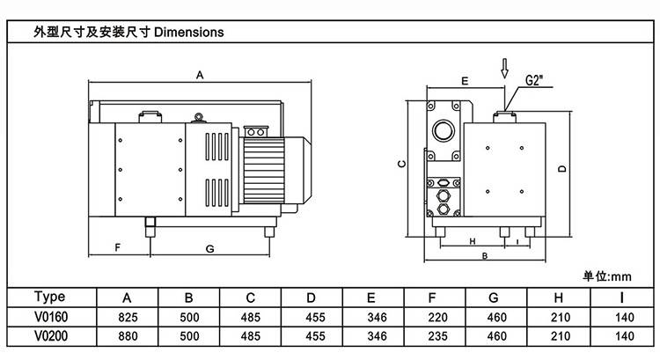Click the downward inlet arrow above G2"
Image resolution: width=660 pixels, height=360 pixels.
pos(504,67)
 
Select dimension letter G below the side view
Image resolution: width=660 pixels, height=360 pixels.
pos(209,249)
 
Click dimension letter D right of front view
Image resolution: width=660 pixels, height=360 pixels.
pos(561,170)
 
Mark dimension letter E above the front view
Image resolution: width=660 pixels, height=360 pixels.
pos(464,80)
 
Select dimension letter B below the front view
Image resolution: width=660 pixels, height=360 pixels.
pos(485,255)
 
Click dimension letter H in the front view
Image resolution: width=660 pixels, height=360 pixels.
pos(472,240)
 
